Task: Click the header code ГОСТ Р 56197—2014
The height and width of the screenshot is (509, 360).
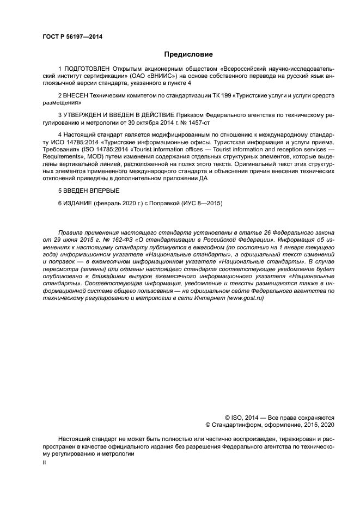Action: coord(72,36)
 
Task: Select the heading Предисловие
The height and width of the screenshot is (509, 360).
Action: coord(188,54)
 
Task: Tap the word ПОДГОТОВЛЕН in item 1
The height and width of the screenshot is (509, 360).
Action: coord(87,69)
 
